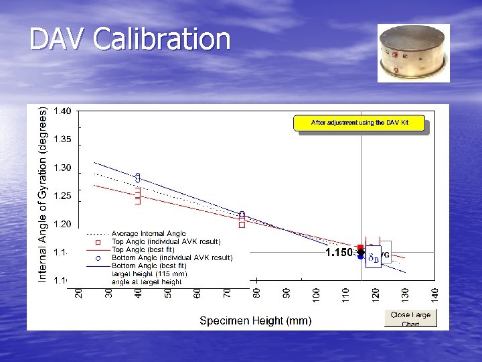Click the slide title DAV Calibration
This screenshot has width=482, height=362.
(130, 40)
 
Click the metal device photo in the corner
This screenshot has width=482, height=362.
(413, 53)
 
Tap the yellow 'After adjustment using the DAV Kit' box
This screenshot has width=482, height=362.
(359, 123)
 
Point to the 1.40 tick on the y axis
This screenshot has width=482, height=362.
(64, 111)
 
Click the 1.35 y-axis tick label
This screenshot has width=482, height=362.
(64, 139)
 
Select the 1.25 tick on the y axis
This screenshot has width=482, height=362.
(64, 196)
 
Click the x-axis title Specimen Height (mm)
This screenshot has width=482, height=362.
(255, 321)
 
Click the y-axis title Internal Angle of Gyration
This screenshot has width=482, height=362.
(43, 194)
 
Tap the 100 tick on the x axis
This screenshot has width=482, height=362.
(316, 294)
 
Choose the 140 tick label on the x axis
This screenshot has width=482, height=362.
(434, 294)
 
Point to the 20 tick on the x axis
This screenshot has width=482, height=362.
(79, 294)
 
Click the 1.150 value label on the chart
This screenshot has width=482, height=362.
(339, 253)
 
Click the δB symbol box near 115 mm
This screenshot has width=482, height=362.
(374, 257)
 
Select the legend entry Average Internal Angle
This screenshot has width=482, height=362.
(149, 233)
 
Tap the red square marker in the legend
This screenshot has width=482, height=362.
(97, 241)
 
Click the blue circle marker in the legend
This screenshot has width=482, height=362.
(97, 257)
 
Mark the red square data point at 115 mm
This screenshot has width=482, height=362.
(360, 247)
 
